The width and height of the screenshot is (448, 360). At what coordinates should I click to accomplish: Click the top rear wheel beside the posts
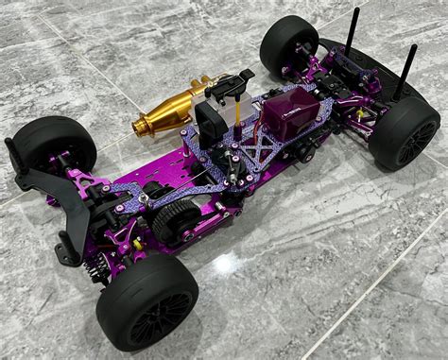click(x=288, y=43)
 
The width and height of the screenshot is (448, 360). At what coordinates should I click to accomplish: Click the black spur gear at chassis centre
click(x=175, y=222)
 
